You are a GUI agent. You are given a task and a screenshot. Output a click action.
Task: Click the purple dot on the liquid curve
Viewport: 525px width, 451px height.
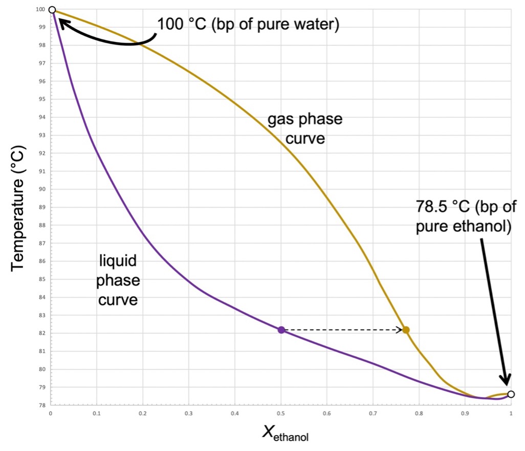[x=281, y=330]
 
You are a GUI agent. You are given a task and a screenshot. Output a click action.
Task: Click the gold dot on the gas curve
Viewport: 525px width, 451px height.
[x=406, y=330]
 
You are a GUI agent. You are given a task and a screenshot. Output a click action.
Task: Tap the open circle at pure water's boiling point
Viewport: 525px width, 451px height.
[x=52, y=9]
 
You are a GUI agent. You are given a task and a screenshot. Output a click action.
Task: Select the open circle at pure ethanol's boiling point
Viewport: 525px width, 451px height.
[x=511, y=394]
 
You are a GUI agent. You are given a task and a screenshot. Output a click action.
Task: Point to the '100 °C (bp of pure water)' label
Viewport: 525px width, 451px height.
[x=248, y=24]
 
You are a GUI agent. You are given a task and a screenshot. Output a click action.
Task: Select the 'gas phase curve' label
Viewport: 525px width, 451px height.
[x=305, y=129]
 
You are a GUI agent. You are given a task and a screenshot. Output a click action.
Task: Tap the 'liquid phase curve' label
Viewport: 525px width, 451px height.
[x=118, y=280]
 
